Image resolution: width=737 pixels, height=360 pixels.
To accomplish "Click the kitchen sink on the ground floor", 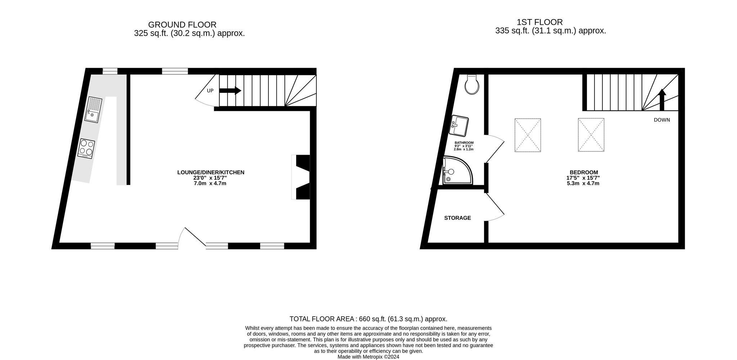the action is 94,110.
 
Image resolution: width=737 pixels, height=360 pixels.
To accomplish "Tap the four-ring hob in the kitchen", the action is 86,149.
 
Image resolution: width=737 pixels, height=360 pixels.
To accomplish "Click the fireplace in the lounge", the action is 300,177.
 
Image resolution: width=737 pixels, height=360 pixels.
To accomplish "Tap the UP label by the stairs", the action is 210,91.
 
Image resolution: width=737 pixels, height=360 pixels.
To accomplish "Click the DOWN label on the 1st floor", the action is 662,120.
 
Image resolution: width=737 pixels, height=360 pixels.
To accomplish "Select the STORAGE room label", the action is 457,218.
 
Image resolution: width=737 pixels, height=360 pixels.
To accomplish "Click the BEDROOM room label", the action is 584,172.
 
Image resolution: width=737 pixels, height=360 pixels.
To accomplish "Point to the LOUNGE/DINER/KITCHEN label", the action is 211,172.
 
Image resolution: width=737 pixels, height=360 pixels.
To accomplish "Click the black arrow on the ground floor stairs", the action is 230,91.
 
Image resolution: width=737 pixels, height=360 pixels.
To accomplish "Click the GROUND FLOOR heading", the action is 182,25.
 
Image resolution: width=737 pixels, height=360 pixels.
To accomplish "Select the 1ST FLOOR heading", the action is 540,22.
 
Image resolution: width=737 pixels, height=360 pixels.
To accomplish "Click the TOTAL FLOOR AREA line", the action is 368,319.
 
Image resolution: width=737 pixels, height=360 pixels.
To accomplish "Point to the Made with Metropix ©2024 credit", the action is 368,357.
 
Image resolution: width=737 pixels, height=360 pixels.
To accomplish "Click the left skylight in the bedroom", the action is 528,135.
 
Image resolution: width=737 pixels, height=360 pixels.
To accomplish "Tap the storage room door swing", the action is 496,207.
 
